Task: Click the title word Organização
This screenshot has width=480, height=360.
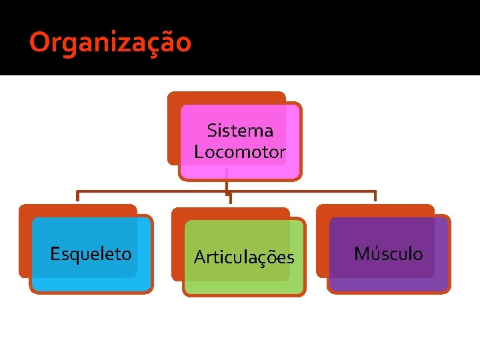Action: pos(111,43)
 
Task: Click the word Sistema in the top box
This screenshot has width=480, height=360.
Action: pos(240,129)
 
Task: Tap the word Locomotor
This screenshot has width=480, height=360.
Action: pos(240,151)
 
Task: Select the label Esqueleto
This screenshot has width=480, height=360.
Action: pos(91,254)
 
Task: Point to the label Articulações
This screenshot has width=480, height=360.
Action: pos(243,257)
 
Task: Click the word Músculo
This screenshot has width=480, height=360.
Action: pos(388,254)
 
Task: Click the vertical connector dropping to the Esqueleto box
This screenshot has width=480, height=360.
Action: pos(78,196)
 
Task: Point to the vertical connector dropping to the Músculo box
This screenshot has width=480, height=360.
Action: pos(375,196)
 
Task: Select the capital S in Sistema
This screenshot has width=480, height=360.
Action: pos(211,129)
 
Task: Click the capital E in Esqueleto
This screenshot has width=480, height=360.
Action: pos(55,254)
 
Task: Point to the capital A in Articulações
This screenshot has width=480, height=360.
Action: pos(199,257)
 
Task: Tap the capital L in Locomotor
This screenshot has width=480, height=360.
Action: pos(198,151)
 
